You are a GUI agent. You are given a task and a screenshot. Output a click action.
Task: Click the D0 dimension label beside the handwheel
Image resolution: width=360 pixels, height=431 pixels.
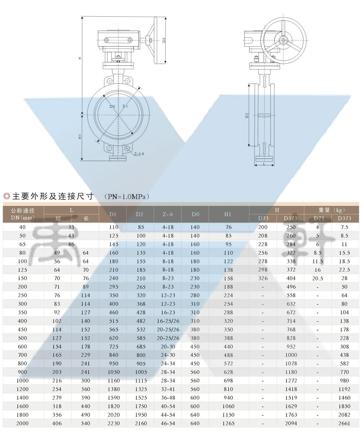164,40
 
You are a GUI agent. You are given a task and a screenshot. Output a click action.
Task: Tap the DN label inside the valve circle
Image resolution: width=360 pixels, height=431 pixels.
112,106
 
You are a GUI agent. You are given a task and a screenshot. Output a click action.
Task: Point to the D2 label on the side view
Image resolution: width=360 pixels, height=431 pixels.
247,115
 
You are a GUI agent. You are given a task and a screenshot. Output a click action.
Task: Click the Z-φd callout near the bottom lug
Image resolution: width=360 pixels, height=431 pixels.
139,154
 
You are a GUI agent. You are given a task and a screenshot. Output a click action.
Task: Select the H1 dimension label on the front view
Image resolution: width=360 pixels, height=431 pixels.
80,136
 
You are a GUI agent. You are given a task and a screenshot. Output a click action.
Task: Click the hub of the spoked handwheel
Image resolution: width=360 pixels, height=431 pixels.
283,41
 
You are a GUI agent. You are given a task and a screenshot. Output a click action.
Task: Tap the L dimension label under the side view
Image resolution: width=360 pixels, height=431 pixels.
264,163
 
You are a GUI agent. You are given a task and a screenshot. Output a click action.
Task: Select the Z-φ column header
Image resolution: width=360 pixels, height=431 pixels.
168,214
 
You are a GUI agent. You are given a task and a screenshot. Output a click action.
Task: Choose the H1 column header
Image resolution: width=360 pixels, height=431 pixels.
228,214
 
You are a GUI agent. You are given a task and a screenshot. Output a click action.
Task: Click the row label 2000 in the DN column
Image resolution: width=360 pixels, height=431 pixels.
22,423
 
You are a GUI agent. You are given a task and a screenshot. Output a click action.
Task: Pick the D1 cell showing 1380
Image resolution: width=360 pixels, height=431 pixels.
114,389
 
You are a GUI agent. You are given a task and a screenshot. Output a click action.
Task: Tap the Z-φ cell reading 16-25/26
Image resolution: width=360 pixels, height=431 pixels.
168,321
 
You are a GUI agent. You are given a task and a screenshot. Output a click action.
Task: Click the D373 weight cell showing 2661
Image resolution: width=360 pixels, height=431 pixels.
345,423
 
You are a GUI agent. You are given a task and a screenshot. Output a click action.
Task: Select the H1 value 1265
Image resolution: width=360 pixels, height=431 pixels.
228,423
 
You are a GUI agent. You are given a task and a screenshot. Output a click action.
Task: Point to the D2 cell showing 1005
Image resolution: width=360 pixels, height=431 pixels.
141,372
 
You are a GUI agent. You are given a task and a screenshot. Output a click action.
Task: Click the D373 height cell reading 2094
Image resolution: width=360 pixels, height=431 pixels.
291,423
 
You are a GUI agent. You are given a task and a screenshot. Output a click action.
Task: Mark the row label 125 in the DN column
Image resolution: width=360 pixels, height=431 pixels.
22,270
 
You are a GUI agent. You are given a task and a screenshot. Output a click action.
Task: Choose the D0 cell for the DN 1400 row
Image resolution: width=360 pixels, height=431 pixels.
195,398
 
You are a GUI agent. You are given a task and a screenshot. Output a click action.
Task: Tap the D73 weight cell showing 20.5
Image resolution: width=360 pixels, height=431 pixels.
317,278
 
